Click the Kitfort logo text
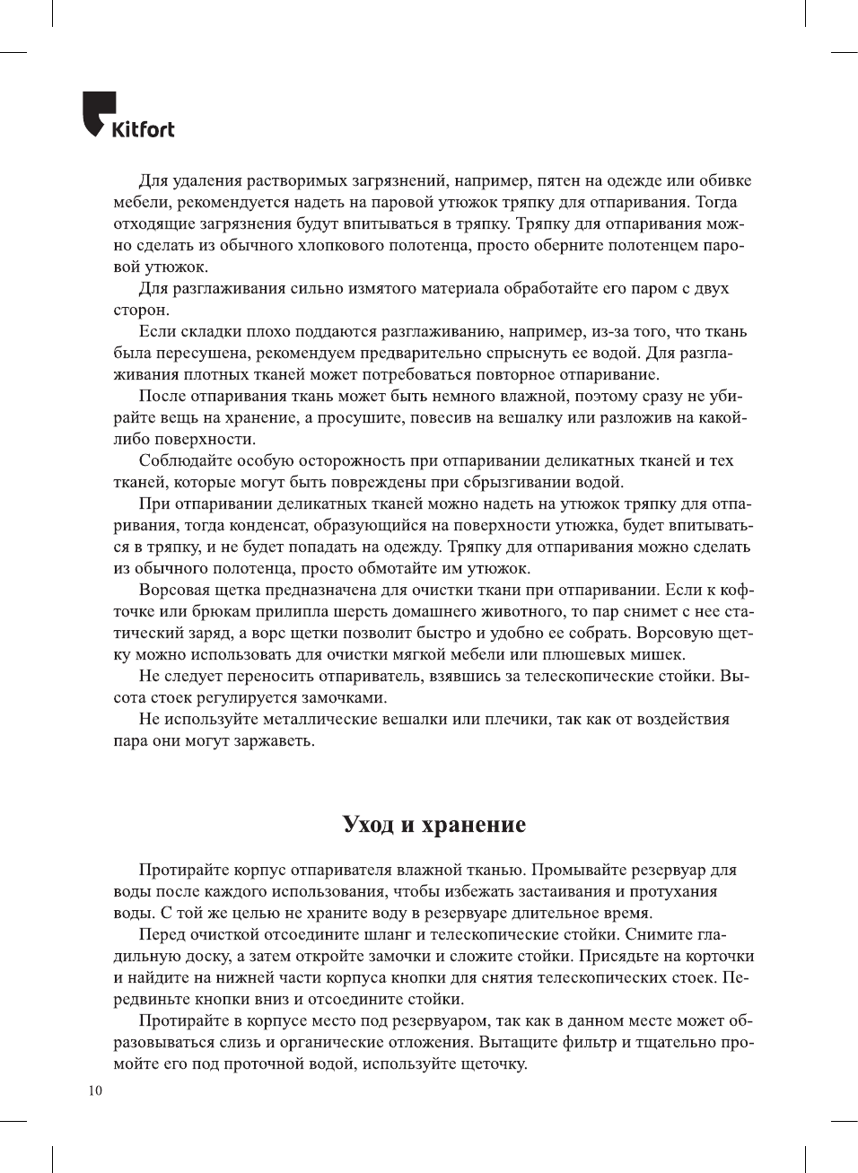[143, 129]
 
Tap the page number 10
[96, 1090]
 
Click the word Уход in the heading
[368, 825]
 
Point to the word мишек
[660, 654]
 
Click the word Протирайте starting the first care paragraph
[183, 870]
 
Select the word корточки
[718, 956]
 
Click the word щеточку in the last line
[492, 1064]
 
